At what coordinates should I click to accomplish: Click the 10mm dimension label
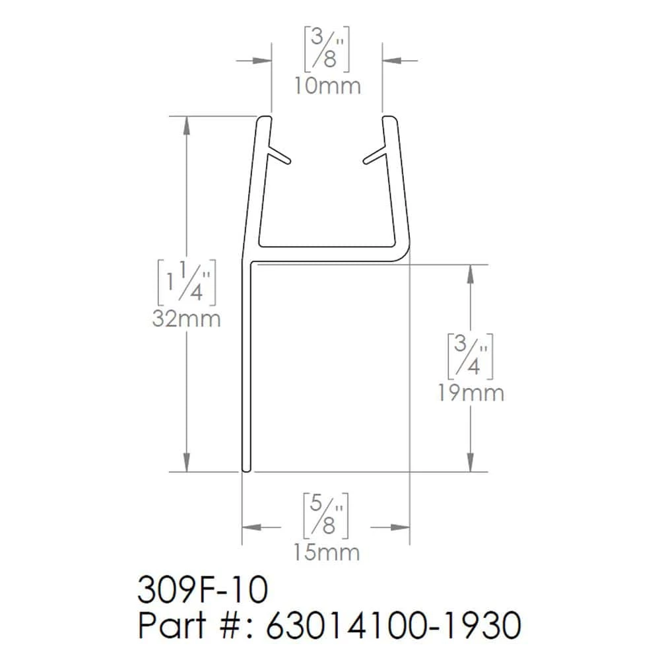point(327,86)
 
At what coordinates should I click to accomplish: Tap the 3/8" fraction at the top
point(327,49)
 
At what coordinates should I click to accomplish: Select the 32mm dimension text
point(187,319)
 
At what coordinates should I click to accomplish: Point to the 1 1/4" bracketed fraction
point(187,282)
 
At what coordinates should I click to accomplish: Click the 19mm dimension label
point(471,393)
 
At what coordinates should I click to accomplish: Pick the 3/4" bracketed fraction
point(470,356)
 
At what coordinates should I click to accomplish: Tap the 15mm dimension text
point(327,552)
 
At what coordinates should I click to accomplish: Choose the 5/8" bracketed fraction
point(326,515)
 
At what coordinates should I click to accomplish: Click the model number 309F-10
point(203,590)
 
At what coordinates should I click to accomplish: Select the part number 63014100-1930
point(393,625)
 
